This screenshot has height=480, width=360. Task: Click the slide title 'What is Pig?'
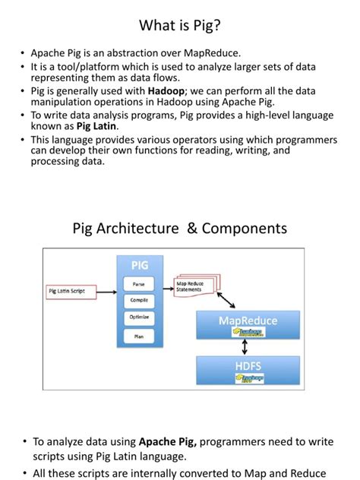point(180,26)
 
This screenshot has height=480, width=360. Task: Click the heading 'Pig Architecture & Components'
point(180,228)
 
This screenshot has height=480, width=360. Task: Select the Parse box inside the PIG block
point(139,283)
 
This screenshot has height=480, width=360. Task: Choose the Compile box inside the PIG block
point(139,300)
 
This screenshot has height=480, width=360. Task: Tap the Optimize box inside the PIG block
point(139,317)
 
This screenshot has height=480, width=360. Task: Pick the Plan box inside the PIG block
point(139,334)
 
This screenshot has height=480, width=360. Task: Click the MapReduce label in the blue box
point(248,320)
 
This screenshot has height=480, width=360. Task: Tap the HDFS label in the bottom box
point(248,365)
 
